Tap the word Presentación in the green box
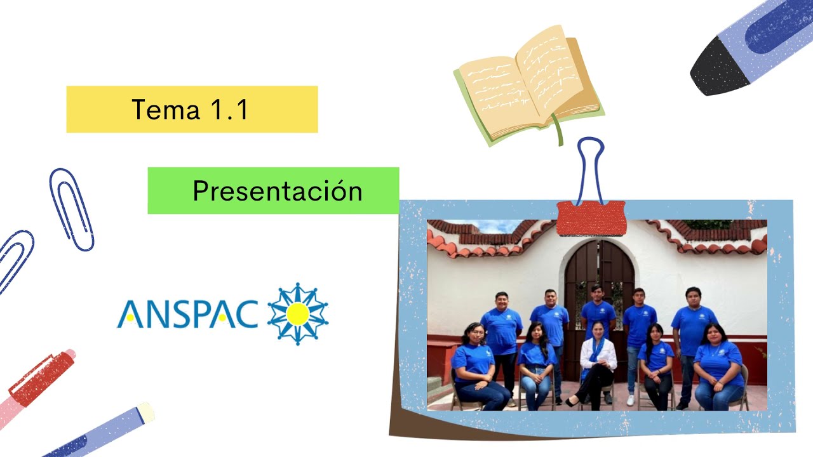tap(277, 190)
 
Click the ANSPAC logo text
tap(187, 314)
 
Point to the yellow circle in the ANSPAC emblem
tap(297, 314)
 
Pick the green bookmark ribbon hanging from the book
tap(559, 130)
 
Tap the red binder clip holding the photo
tap(591, 218)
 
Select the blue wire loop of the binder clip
tap(590, 168)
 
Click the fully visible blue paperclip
tap(71, 209)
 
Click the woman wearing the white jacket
tap(597, 365)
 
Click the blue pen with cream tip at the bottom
tap(102, 432)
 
